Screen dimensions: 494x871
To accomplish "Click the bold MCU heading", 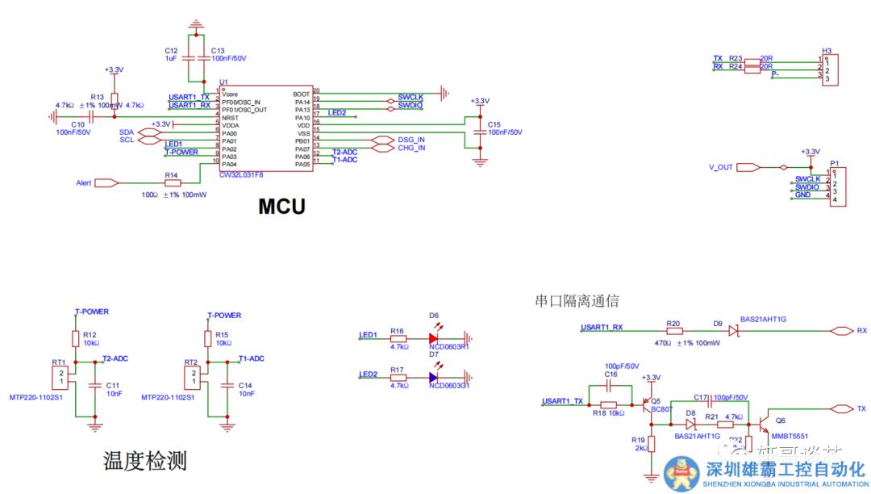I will [x=281, y=207].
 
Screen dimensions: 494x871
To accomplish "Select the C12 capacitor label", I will [x=170, y=50].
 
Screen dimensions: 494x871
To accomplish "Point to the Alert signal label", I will [x=84, y=183].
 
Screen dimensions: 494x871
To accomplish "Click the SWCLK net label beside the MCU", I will [x=410, y=97].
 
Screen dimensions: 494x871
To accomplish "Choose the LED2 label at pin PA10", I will [x=337, y=113].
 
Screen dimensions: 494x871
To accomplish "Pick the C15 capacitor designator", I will [x=494, y=123].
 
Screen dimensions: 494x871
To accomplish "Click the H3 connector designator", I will [x=827, y=48].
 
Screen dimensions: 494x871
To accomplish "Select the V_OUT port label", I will [x=721, y=167].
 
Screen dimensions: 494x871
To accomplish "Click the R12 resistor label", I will [x=90, y=334].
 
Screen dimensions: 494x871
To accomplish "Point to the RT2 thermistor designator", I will [x=190, y=362].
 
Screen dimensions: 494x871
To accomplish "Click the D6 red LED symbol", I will [x=434, y=339].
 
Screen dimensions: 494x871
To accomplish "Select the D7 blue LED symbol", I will [x=434, y=377].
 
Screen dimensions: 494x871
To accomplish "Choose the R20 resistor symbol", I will [x=674, y=331].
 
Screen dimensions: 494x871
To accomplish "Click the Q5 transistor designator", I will [x=655, y=400].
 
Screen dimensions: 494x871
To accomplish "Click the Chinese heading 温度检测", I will [x=145, y=461].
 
